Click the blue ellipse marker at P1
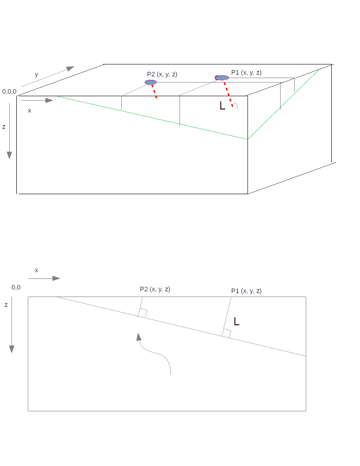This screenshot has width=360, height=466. tap(222, 78)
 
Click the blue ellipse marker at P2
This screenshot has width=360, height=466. tap(151, 83)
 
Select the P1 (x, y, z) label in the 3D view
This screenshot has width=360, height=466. tap(246, 72)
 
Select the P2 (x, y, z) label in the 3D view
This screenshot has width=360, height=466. tap(162, 75)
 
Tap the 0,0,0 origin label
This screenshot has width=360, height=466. tap(9, 92)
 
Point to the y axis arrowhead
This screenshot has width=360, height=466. tap(70, 69)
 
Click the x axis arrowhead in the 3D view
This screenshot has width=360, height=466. tap(49, 101)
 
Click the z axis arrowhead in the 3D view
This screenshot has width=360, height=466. tap(9, 155)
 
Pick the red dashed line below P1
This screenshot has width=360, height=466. tap(229, 94)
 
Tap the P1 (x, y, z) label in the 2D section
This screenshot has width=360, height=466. tap(246, 291)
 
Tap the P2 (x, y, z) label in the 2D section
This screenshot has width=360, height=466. tap(155, 289)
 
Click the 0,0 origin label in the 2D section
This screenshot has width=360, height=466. tap(16, 287)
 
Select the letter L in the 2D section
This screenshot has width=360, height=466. tap(236, 321)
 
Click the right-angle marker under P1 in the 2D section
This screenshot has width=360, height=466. tap(227, 334)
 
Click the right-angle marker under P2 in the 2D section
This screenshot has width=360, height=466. tap(142, 313)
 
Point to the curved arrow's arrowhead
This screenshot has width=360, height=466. tap(139, 337)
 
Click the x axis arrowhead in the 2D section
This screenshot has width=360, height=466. tap(56, 278)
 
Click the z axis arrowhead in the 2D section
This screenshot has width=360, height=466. tap(11, 349)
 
